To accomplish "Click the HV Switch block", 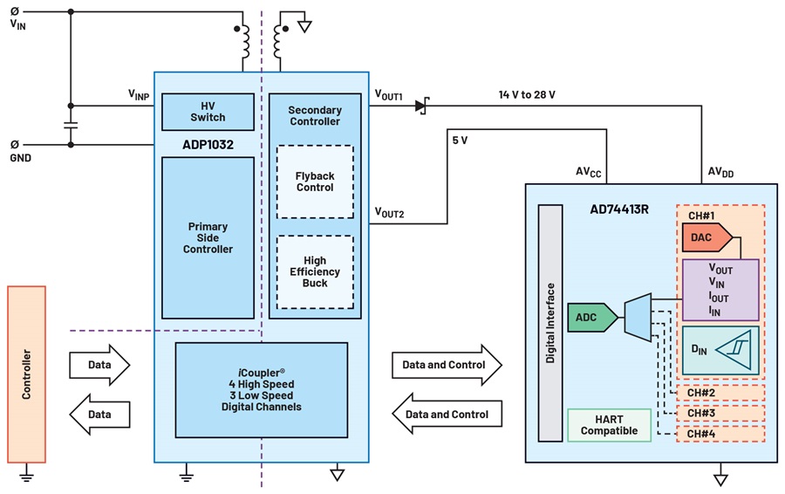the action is click(x=208, y=112).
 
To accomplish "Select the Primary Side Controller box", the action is click(x=208, y=238).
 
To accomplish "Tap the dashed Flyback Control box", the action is click(x=315, y=182).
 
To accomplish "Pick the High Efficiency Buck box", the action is click(x=315, y=272).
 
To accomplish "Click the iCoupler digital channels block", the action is click(x=262, y=390).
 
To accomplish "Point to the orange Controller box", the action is click(x=26, y=374).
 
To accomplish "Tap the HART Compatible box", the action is click(x=610, y=425).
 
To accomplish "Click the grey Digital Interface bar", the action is click(x=550, y=323).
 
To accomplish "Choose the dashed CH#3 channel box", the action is click(x=720, y=414).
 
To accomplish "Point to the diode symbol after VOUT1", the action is click(x=422, y=106).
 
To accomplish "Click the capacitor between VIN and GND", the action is click(x=71, y=125).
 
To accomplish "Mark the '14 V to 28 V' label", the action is click(x=527, y=94).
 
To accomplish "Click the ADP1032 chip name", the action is click(x=208, y=145).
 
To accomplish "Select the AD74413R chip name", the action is click(x=619, y=209).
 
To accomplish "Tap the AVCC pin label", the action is click(x=588, y=172).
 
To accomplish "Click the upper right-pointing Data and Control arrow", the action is click(x=447, y=365).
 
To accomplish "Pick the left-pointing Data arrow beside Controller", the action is click(x=99, y=415).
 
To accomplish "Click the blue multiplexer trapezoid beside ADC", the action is click(x=638, y=318).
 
